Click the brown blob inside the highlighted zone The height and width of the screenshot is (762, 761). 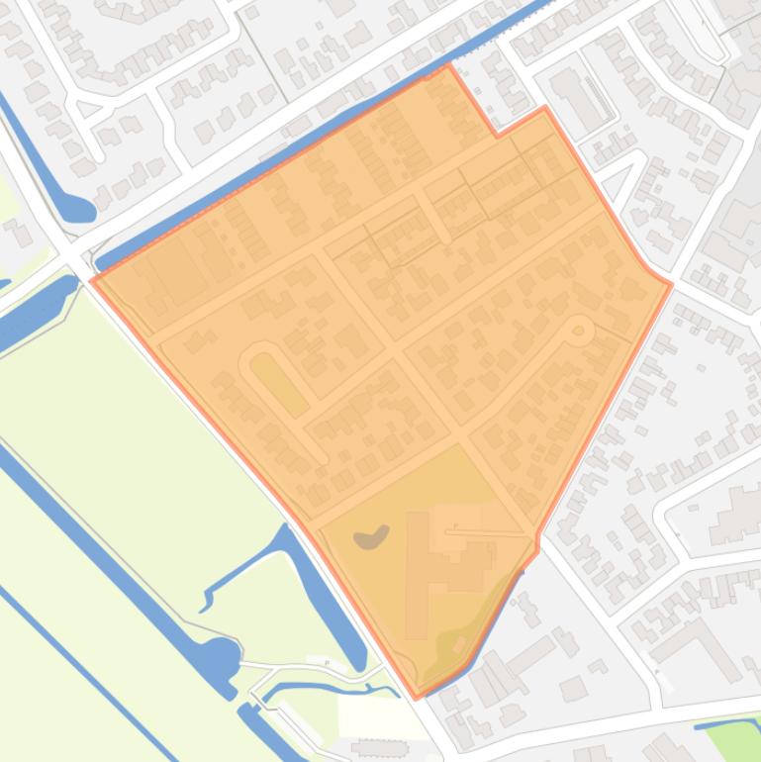(372, 536)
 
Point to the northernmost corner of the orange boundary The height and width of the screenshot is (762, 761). (448, 66)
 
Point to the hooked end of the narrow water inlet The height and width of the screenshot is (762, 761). (209, 597)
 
